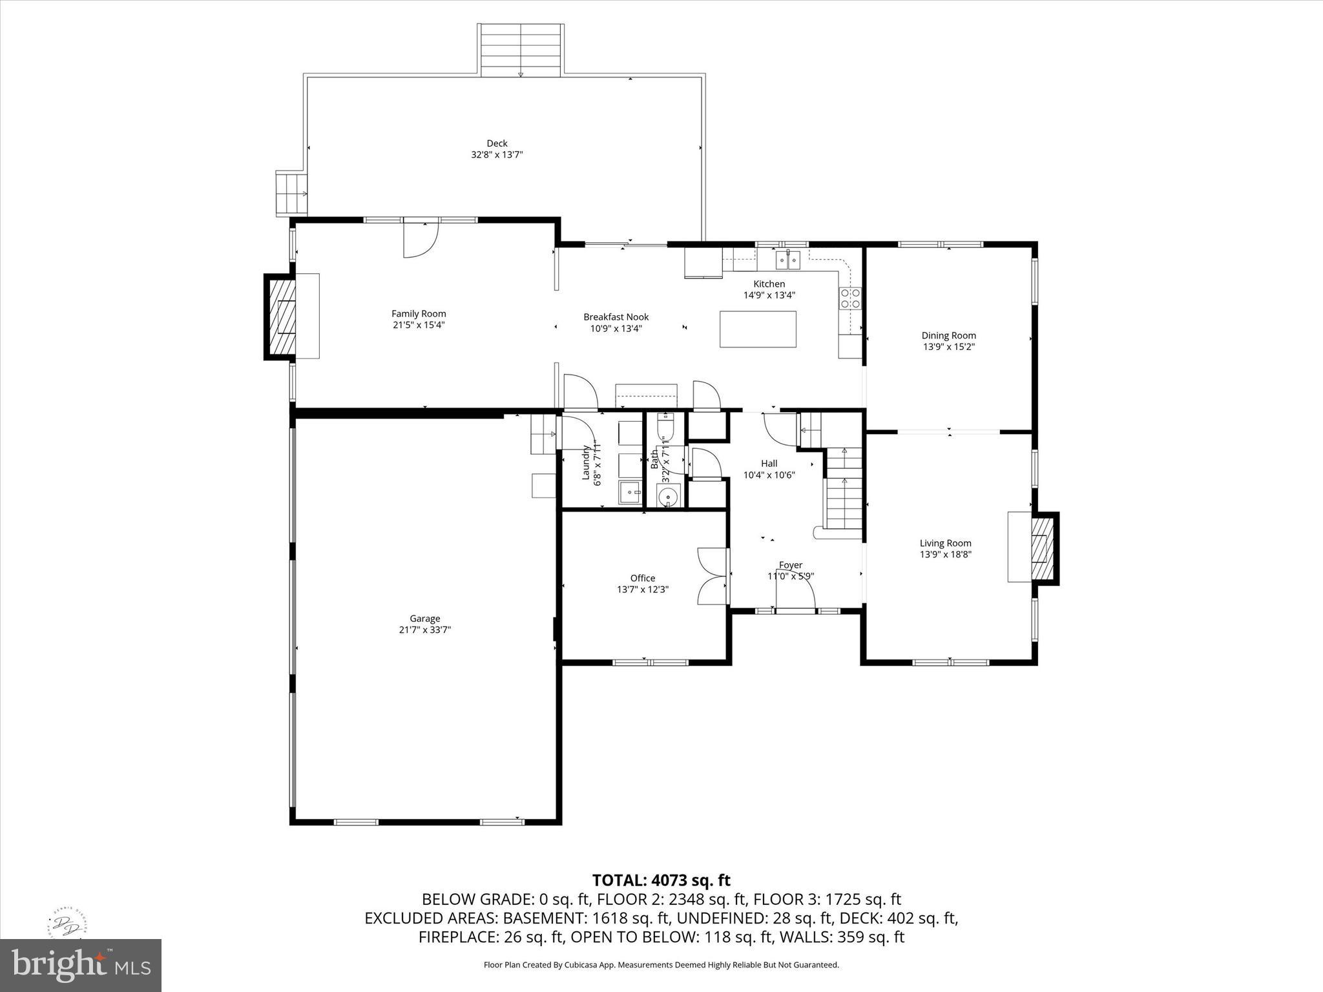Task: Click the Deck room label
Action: tap(497, 143)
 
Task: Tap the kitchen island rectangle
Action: tap(758, 329)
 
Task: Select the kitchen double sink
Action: tap(788, 260)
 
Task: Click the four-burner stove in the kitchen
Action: tap(850, 298)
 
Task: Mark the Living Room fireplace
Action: tap(1041, 548)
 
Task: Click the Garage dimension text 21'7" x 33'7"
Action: tap(424, 630)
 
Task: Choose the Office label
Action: tap(643, 578)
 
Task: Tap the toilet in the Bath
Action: tap(665, 427)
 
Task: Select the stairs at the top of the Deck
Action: tap(521, 50)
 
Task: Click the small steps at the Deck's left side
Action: tap(291, 193)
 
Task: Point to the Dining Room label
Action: tap(948, 335)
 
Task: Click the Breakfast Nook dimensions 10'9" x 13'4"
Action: tap(616, 328)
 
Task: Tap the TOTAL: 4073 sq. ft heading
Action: tap(661, 880)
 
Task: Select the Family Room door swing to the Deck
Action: tap(421, 238)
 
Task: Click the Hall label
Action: tap(769, 463)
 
